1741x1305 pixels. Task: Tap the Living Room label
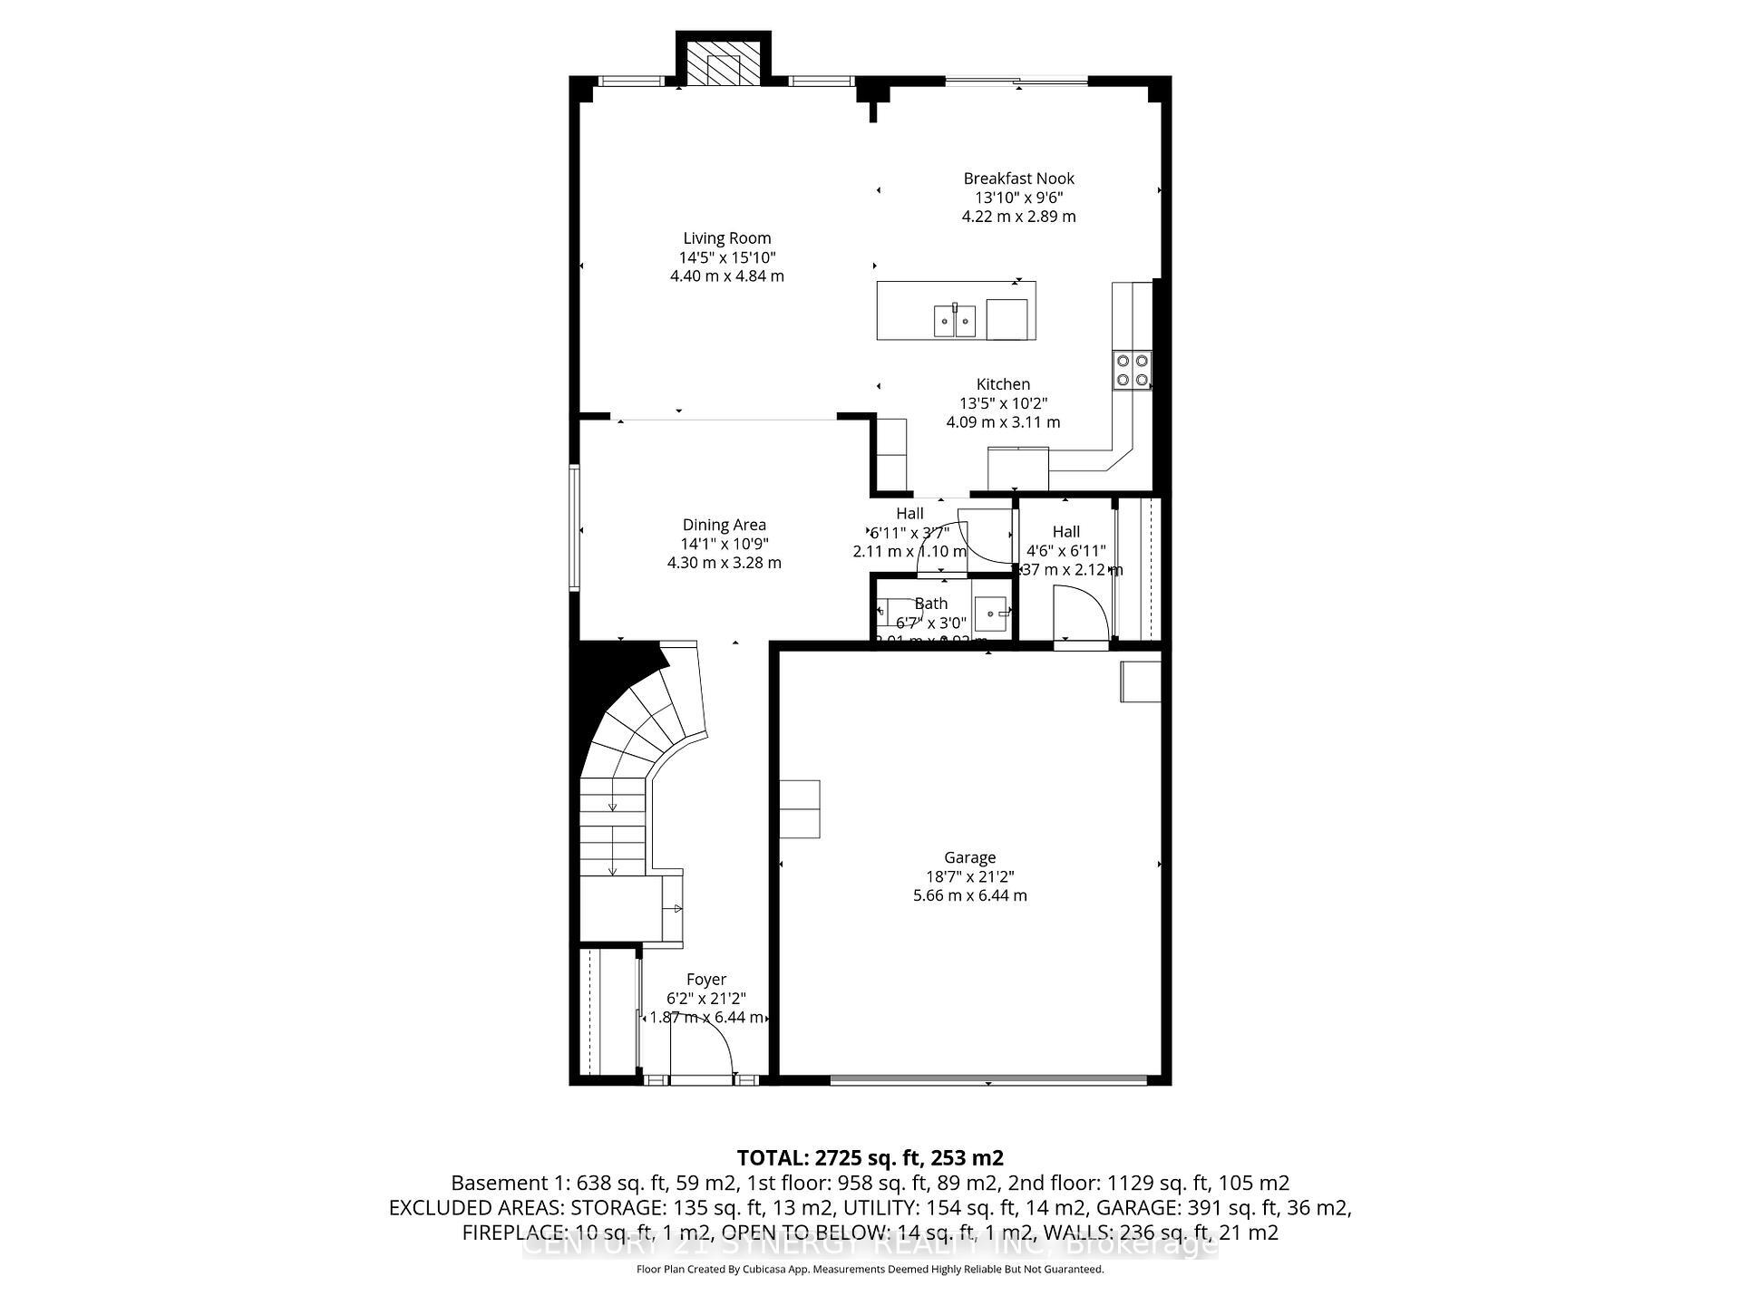726,238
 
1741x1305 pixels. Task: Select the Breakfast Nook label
1018,179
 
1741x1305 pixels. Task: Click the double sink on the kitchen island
955,320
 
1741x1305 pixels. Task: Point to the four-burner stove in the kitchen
1133,370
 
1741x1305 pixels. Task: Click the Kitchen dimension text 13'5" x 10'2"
1003,403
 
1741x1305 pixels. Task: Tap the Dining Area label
724,525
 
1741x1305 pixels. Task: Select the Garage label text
969,857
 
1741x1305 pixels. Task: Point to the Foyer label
705,980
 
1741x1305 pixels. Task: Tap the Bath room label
930,604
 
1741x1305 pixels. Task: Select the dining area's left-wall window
574,527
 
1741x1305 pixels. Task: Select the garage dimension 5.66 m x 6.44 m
969,895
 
